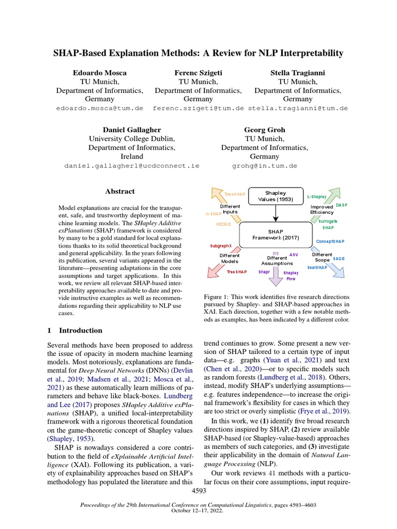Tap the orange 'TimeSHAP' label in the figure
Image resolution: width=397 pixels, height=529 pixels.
point(235,194)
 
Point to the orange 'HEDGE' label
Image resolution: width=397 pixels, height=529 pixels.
point(223,225)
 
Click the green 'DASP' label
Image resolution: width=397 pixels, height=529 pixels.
point(342,205)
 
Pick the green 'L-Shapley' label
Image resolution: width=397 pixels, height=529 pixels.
point(317,196)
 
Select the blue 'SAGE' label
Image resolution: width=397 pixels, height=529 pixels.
point(339,258)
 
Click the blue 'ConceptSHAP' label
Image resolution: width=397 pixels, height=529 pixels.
point(330,241)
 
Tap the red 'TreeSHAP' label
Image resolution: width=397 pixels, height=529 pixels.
point(237,271)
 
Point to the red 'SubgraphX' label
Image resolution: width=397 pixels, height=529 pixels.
point(221,246)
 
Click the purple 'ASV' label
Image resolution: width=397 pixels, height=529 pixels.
point(294,255)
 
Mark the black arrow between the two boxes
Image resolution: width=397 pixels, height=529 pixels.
point(275,212)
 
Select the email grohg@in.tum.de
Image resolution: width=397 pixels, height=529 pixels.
point(264,166)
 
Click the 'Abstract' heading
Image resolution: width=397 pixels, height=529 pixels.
point(120,191)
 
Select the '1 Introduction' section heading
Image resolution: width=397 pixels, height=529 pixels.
point(74,330)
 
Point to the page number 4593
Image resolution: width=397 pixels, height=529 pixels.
point(198,490)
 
